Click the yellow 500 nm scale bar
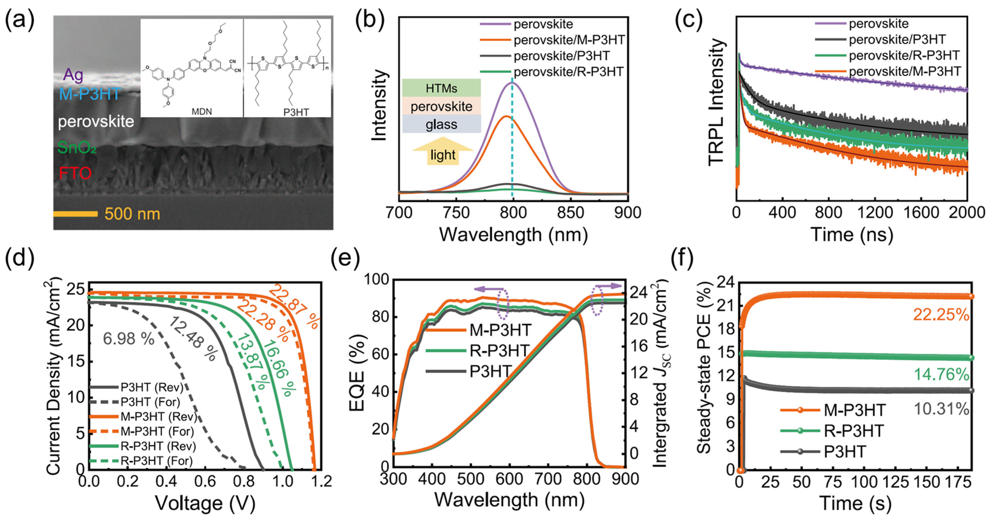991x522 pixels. [x=75, y=214]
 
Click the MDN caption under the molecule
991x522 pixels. [x=202, y=112]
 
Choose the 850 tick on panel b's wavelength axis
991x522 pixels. [x=570, y=212]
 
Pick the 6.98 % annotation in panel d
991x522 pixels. [x=128, y=339]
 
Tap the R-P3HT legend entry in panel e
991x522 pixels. [x=500, y=350]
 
